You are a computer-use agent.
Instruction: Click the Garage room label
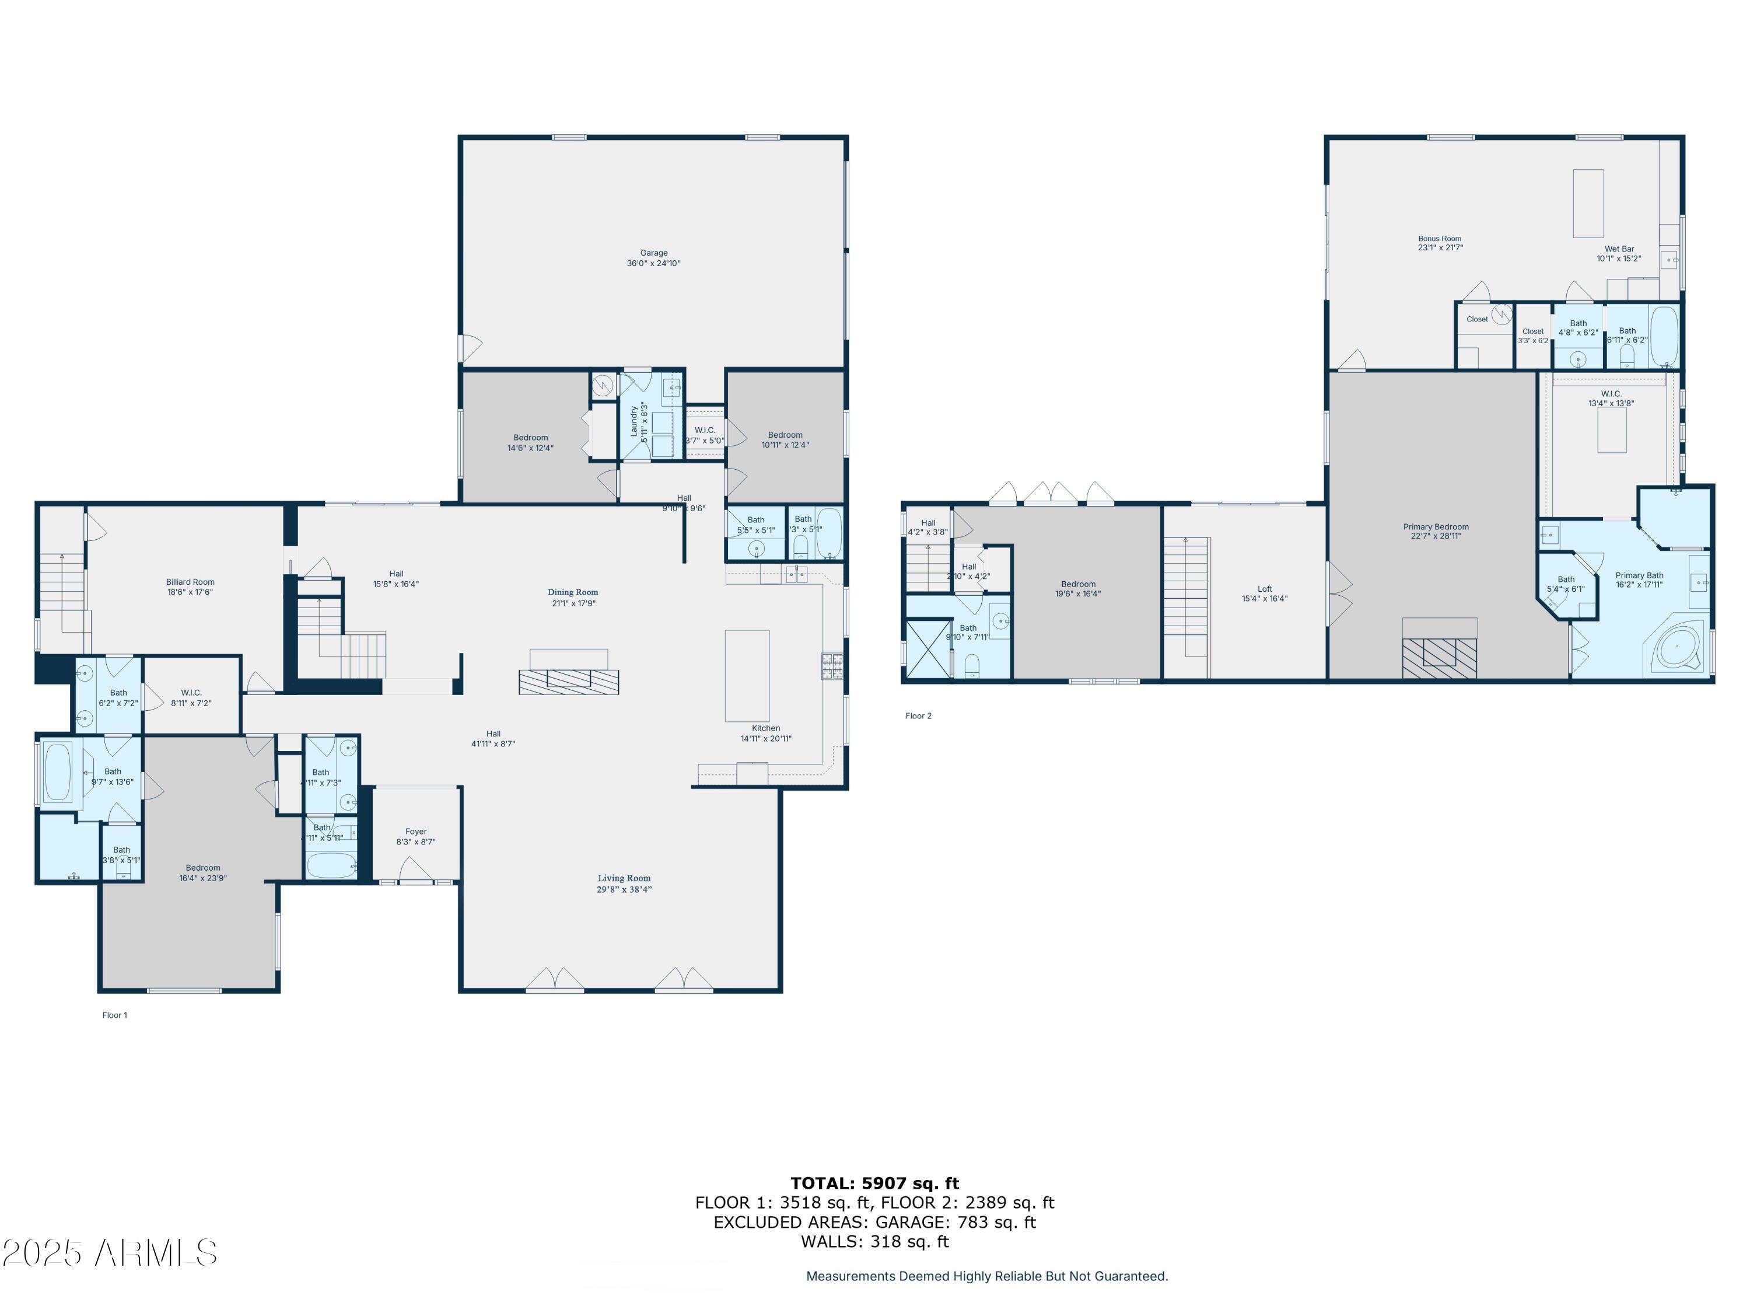tap(653, 253)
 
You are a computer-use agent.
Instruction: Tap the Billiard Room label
tap(190, 582)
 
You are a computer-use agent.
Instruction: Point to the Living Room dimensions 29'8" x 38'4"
tap(624, 889)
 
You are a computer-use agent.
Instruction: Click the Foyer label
tap(416, 832)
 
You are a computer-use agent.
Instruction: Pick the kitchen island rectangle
tap(747, 675)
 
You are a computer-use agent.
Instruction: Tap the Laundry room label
tap(633, 421)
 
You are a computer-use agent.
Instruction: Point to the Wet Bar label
tap(1619, 249)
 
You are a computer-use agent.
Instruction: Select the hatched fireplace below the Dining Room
tap(568, 682)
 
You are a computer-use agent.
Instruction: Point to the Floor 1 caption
tap(115, 1015)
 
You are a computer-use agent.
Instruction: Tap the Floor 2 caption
tap(919, 716)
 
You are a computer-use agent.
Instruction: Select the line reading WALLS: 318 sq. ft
tap(874, 1242)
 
